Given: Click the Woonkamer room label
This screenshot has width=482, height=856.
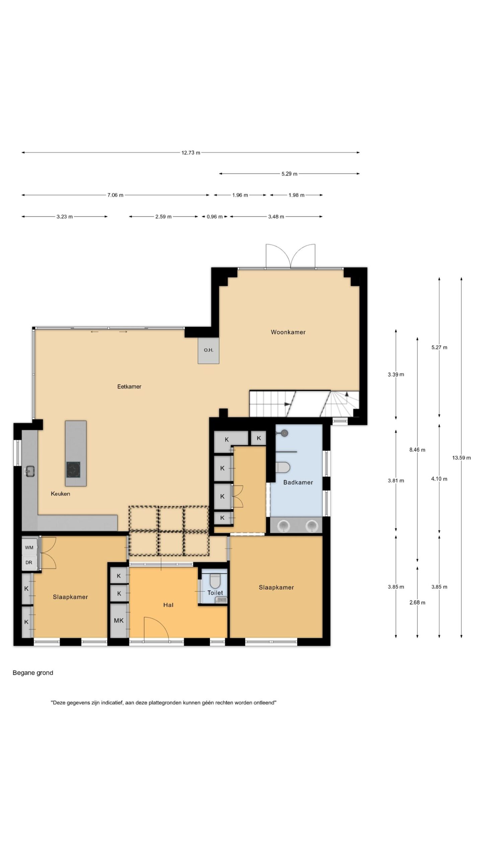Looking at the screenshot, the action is tap(288, 332).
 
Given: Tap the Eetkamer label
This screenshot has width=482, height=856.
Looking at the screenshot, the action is tap(129, 387).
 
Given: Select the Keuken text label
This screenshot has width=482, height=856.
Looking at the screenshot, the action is tap(60, 494).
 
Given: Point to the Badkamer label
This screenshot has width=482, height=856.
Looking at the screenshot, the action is tap(298, 482).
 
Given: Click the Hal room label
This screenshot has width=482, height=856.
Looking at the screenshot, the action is tap(168, 605).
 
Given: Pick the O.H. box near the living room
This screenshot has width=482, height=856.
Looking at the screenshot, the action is tap(209, 350).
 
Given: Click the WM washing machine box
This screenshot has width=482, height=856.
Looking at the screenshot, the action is tap(29, 548).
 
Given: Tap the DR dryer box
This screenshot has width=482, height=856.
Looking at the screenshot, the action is tap(29, 562).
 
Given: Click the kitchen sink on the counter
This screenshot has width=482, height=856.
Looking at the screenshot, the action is tap(30, 471).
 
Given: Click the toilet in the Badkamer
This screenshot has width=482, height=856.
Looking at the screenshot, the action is tap(284, 467).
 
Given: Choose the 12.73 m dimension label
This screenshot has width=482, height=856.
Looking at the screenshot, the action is tap(191, 153).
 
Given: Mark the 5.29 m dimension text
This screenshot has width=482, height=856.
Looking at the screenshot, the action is tap(289, 174).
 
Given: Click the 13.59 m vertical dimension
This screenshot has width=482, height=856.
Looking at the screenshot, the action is tap(462, 458).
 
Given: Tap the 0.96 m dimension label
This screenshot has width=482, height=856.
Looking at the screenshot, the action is tap(215, 217).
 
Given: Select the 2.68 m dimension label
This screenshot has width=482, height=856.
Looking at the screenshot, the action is tap(417, 603).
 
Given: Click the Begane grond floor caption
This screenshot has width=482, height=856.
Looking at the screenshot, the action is tap(33, 673).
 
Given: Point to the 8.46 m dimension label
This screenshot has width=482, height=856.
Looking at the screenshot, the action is tap(417, 450).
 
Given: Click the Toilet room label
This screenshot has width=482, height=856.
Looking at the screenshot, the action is tap(215, 593).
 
